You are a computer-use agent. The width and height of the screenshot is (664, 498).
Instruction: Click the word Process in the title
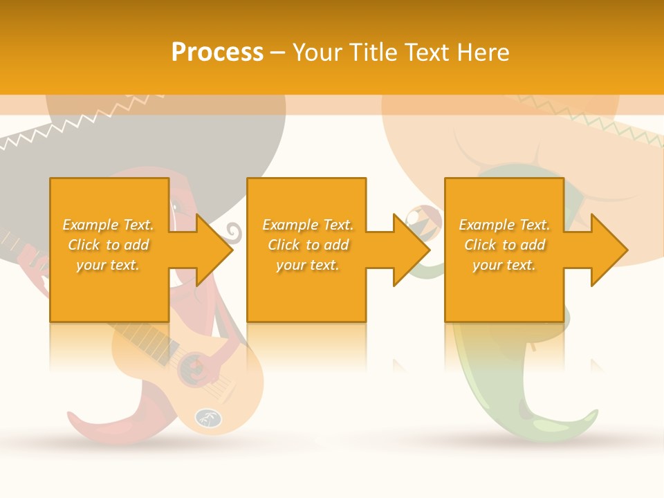[217, 53]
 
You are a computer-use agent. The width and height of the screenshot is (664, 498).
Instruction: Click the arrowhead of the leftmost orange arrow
[214, 250]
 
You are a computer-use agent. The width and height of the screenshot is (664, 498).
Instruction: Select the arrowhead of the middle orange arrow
[412, 250]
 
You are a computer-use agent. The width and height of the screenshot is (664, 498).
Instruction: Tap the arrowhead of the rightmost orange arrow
[609, 250]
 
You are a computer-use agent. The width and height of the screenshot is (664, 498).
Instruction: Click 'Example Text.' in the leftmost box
[108, 225]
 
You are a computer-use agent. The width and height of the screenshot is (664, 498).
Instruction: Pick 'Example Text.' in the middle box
[308, 225]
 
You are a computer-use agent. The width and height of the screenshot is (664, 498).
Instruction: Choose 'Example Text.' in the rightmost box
[504, 225]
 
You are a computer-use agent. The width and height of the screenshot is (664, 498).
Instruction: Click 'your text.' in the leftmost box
[108, 265]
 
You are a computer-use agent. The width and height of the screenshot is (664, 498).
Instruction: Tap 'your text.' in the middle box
[308, 265]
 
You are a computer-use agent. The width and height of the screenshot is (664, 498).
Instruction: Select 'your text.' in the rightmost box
[504, 265]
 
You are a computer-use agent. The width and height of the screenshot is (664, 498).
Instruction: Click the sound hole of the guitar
[192, 371]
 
